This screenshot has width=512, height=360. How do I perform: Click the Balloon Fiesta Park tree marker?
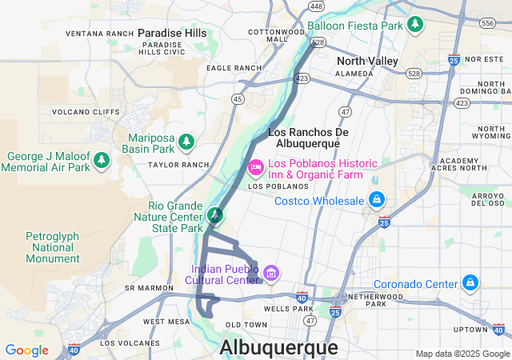(414, 25)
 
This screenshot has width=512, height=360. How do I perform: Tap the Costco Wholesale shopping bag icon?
(376, 199)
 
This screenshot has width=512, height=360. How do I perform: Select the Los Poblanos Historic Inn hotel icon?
(255, 167)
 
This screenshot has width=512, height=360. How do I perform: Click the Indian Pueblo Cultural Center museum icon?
(271, 274)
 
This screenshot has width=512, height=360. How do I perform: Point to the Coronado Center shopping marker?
(470, 283)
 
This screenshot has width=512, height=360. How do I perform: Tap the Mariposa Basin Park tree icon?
(186, 142)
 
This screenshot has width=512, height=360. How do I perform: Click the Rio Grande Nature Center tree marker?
(215, 216)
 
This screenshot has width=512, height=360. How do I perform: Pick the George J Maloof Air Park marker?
(102, 161)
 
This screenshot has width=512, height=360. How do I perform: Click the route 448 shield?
(316, 6)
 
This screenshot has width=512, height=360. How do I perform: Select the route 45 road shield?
(238, 98)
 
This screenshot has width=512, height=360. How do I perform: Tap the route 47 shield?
(346, 111)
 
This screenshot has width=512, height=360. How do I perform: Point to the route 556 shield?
(487, 23)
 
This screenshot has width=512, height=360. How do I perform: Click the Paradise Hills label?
(172, 33)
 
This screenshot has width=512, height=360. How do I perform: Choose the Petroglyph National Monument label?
(53, 247)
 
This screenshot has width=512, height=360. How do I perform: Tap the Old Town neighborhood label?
(246, 324)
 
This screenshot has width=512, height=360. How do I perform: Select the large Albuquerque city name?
(278, 347)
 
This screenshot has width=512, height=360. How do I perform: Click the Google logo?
(26, 350)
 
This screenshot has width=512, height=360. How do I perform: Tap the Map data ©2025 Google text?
(462, 354)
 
